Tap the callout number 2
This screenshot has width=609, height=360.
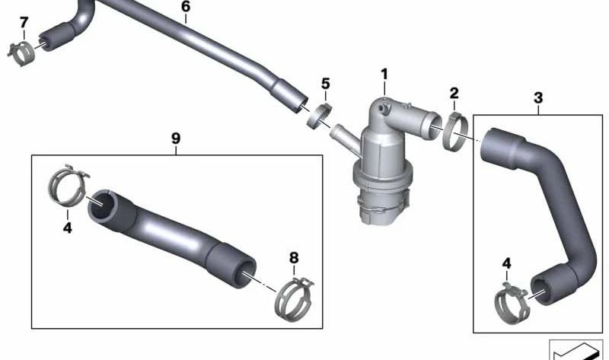tap(454, 94)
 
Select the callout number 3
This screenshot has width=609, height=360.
tap(538, 97)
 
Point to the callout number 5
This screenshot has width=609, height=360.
tap(325, 83)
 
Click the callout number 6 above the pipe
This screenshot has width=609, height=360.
tap(186, 8)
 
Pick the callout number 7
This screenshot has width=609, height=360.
tap(24, 22)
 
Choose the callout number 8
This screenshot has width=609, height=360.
tap(294, 258)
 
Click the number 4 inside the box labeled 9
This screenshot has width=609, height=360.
tap(67, 227)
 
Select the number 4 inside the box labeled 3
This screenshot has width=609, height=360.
tap(507, 264)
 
